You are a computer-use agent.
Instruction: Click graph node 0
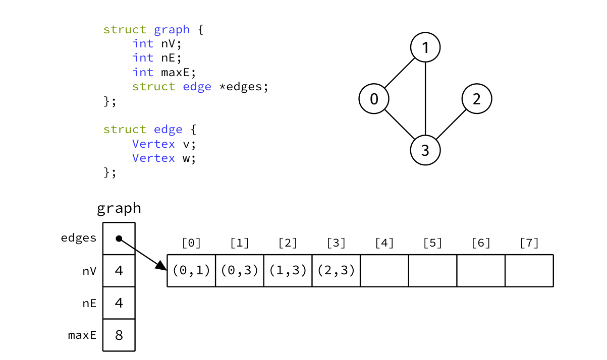374,99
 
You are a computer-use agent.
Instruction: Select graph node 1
425,47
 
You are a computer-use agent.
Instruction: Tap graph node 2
477,99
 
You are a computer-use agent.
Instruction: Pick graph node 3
425,150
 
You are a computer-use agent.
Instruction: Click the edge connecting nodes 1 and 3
425,99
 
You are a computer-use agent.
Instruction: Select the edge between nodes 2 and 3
451,125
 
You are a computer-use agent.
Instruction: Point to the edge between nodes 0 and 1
400,73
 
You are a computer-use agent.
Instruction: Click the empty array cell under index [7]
529,270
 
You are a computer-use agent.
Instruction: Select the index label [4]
384,243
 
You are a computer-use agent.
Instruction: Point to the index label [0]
191,243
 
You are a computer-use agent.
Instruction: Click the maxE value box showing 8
119,335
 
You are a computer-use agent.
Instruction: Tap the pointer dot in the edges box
119,238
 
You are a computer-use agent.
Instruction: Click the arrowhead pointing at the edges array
161,266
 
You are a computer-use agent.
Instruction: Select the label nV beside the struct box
89,271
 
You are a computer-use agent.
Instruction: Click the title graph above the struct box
119,208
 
